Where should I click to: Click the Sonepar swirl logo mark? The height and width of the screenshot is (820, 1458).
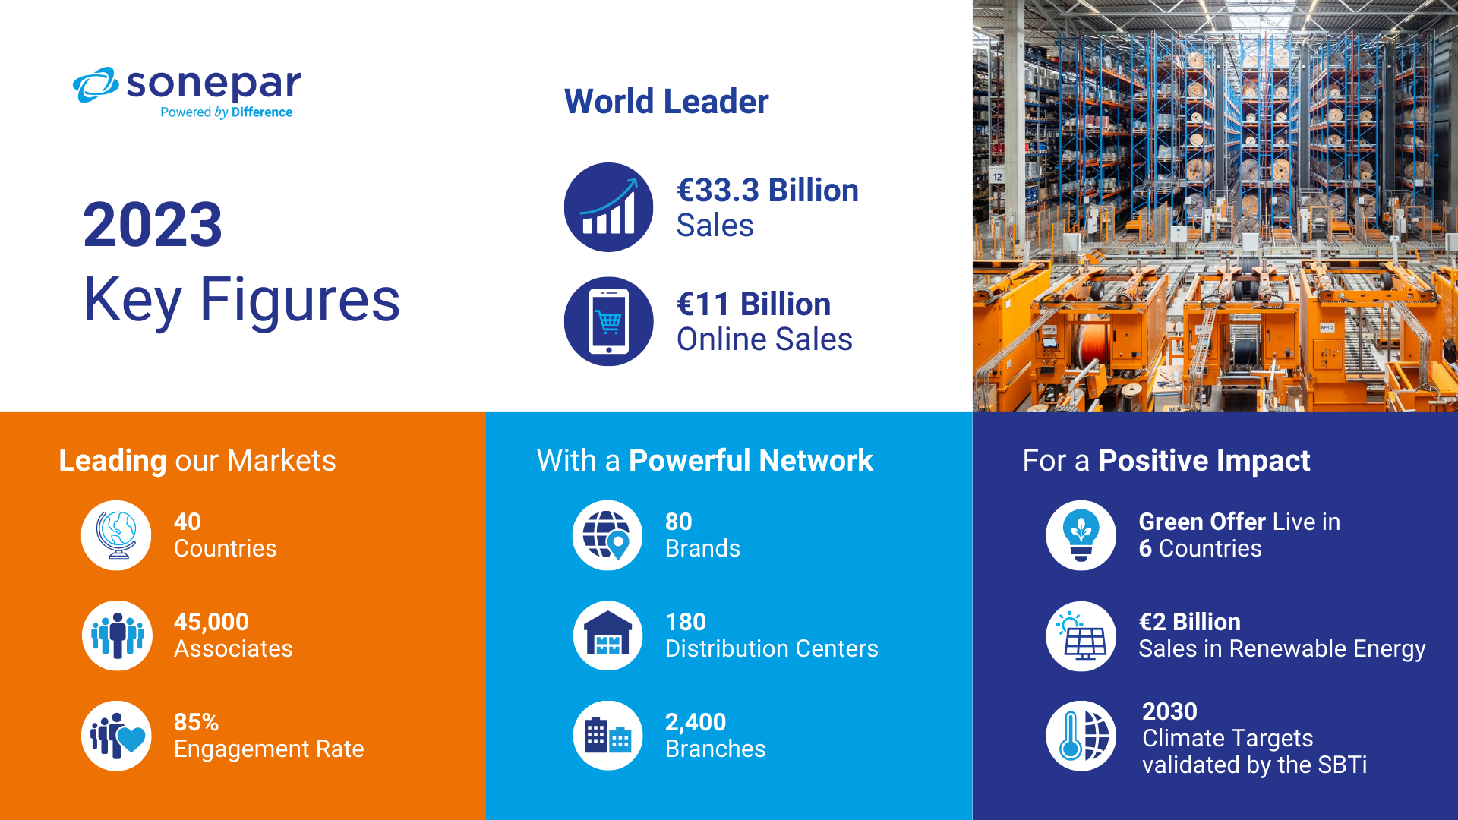(x=96, y=84)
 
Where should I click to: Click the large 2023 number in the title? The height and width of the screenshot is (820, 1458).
(x=153, y=225)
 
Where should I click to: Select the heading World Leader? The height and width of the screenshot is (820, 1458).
(x=666, y=102)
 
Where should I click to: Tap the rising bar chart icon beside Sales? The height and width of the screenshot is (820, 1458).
(x=608, y=207)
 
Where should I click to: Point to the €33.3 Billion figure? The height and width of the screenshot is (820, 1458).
(x=768, y=191)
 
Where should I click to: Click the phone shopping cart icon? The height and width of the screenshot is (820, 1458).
(x=608, y=321)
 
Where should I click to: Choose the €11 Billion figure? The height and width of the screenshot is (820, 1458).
(x=754, y=304)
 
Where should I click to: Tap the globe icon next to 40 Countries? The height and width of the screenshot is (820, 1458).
(x=116, y=535)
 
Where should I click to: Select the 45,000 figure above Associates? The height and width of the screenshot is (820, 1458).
(x=211, y=622)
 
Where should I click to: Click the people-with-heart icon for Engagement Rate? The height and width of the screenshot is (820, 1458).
(x=116, y=736)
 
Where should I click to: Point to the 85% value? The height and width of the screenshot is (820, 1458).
(x=196, y=722)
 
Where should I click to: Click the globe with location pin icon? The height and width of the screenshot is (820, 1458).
(x=607, y=535)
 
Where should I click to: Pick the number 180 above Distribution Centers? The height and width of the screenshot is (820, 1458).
(x=686, y=622)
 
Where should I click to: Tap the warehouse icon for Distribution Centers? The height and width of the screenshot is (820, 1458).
(x=607, y=635)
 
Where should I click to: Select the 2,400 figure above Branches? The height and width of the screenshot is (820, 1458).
(x=696, y=722)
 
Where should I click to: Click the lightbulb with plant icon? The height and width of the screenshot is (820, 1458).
(x=1081, y=535)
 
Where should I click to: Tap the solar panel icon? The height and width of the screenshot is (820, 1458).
(x=1081, y=635)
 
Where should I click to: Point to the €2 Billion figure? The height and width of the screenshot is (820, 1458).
(x=1190, y=622)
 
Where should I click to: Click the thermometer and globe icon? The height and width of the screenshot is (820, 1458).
(x=1081, y=736)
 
